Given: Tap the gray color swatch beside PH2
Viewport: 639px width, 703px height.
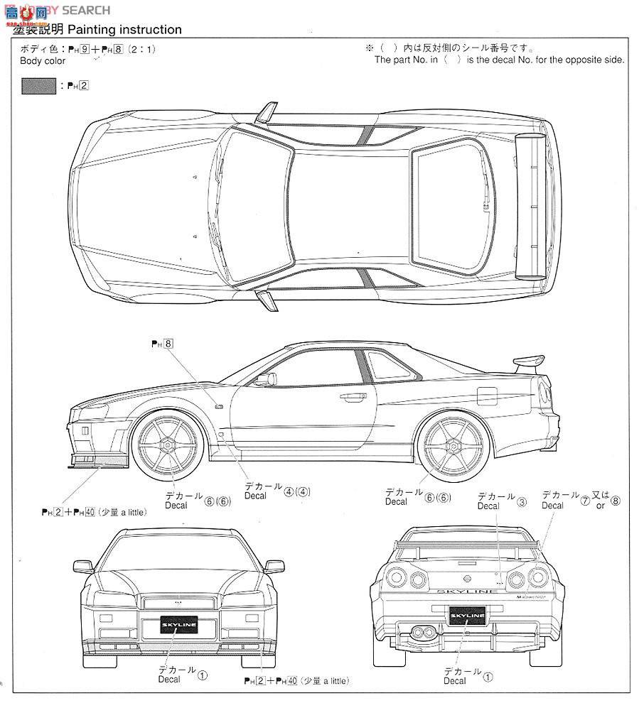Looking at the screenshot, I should pos(38,87).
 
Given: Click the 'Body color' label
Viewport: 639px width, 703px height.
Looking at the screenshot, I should pos(43,61).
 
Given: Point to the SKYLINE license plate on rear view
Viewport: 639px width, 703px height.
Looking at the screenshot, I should pos(468,615).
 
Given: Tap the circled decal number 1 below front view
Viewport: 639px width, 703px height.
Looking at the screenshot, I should pos(203,676).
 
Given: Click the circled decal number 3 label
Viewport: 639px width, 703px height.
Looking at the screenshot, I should pos(522,502).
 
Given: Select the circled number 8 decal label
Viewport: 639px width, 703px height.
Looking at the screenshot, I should pos(616,501).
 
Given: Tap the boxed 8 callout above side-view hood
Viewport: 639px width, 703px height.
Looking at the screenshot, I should pos(168,344).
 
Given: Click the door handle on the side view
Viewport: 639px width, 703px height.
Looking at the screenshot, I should pos(350,398).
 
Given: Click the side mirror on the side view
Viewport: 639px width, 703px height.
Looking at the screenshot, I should pos(264,378).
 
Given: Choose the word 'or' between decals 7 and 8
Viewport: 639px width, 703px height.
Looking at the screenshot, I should pos(601,506).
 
